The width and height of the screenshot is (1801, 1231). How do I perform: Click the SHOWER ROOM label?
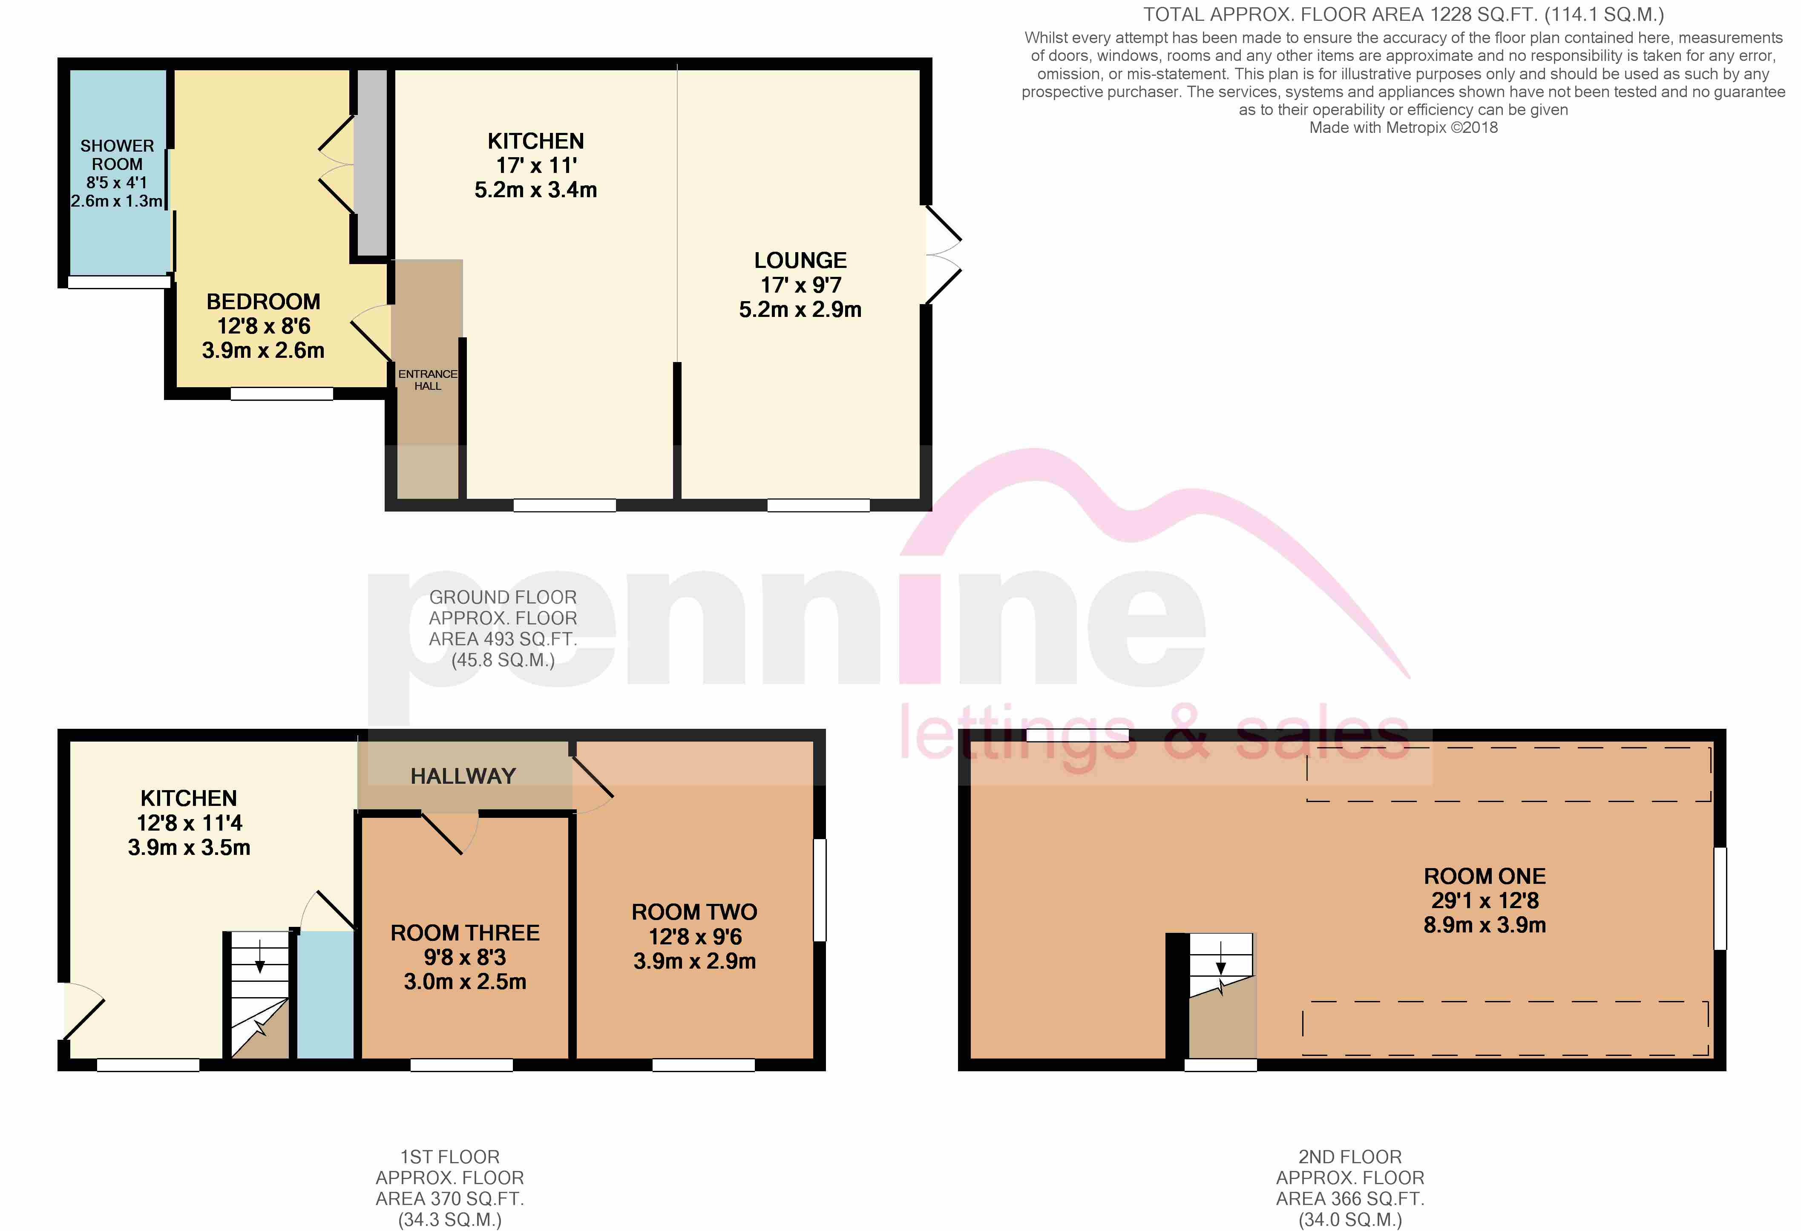pyautogui.click(x=117, y=155)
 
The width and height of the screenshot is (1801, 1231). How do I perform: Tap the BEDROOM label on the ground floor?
pyautogui.click(x=264, y=301)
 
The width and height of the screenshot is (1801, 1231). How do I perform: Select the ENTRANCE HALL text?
pyautogui.click(x=428, y=380)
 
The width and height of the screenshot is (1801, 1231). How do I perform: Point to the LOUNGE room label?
pyautogui.click(x=800, y=260)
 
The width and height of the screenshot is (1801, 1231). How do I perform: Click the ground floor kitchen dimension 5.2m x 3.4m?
pyautogui.click(x=535, y=190)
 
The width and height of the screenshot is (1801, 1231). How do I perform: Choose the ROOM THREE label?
pyautogui.click(x=465, y=933)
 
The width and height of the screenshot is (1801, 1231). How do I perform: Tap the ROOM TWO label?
pyautogui.click(x=694, y=912)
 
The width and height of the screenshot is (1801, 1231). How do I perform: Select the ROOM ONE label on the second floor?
pyautogui.click(x=1485, y=876)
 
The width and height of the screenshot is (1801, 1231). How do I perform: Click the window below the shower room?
pyautogui.click(x=118, y=282)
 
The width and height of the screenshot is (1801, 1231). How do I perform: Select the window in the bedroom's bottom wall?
pyautogui.click(x=282, y=394)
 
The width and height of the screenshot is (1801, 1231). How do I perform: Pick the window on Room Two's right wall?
pyautogui.click(x=819, y=890)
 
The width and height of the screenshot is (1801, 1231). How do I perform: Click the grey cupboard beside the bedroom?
pyautogui.click(x=371, y=163)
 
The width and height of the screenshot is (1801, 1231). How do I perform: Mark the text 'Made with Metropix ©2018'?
pyautogui.click(x=1404, y=128)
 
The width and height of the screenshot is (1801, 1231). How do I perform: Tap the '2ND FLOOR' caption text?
pyautogui.click(x=1350, y=1156)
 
